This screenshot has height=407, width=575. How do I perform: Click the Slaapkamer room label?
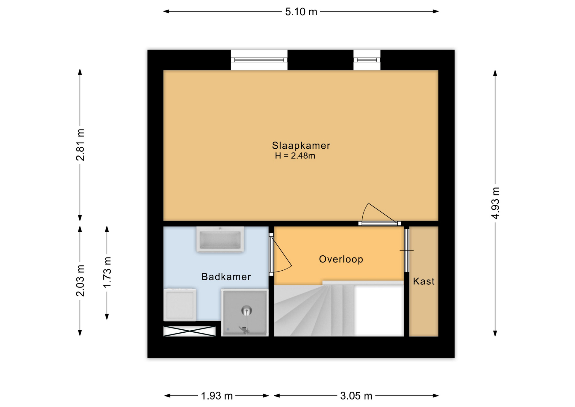pos(301,146)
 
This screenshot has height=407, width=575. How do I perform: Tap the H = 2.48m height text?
pos(295,156)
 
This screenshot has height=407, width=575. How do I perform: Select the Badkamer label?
pos(226,277)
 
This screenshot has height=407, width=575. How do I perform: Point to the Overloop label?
pos(341,259)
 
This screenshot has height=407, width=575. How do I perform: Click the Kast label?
pos(424,281)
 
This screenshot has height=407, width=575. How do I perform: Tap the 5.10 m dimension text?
pos(301,12)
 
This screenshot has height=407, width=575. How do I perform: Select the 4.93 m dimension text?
pos(495,203)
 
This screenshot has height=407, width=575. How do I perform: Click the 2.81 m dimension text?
pos(80,145)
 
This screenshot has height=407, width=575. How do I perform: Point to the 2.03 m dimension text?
pos(80,281)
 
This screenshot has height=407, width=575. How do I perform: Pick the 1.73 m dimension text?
pos(107,272)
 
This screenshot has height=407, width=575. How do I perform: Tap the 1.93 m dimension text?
pos(217,396)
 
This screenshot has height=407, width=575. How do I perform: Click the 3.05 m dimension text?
pos(356,396)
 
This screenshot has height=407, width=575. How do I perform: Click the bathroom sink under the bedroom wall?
pos(220,239)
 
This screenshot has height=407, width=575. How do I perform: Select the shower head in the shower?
pos(246,310)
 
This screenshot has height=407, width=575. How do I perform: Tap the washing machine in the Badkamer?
pos(180,305)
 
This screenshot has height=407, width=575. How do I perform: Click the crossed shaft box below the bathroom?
pos(189,331)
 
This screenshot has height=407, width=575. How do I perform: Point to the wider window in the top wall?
pos(259,60)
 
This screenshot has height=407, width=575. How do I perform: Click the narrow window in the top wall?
pos(367,60)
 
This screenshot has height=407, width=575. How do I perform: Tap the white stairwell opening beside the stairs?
pos(379,310)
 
